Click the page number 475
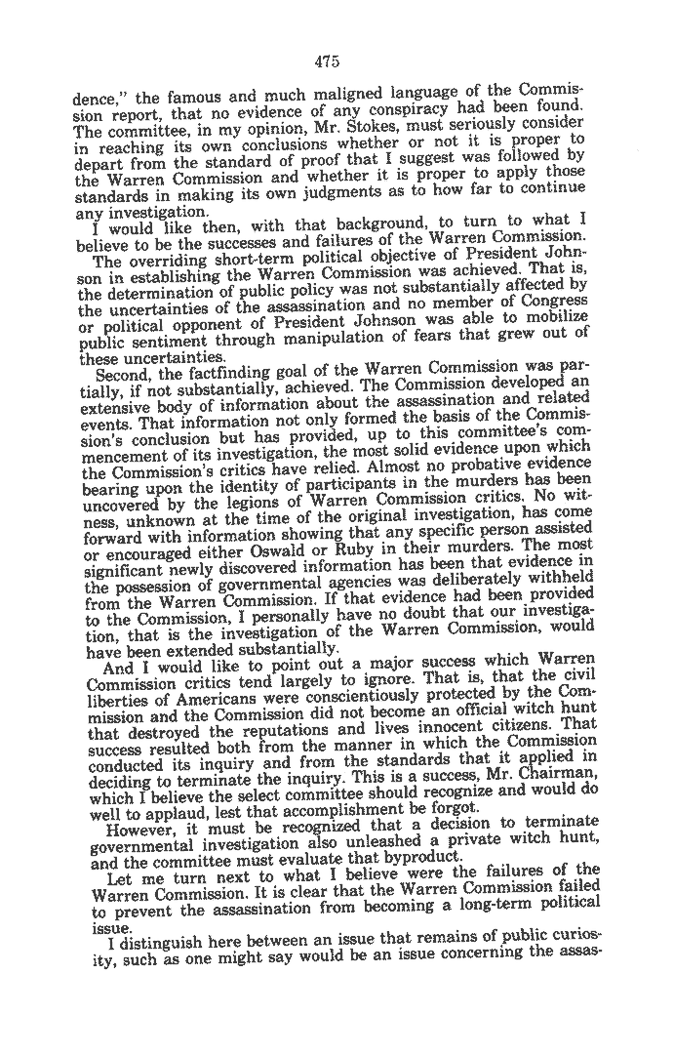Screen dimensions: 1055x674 (327, 61)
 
